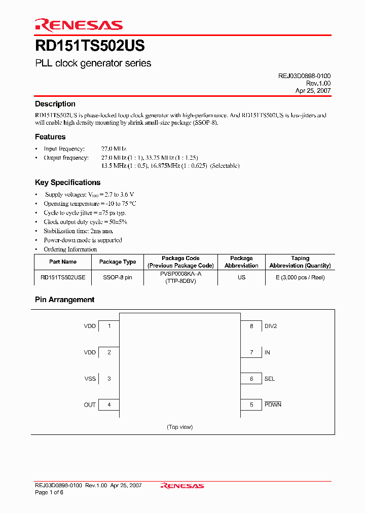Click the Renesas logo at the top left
(79, 25)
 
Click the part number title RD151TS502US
(90, 46)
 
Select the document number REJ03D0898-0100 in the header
(304, 76)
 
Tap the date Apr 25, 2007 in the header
(313, 90)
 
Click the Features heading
(50, 137)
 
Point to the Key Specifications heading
(67, 182)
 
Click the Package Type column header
(118, 262)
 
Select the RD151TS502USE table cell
(63, 277)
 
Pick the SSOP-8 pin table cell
(118, 277)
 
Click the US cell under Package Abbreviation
(241, 277)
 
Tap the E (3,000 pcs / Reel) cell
(300, 277)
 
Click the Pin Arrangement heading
(64, 300)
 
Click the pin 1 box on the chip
(108, 326)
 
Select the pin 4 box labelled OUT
(108, 405)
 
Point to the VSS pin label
(90, 379)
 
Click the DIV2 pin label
(271, 326)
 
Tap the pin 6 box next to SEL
(251, 379)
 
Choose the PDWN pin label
(273, 405)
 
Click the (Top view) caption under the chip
(179, 427)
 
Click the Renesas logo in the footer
(182, 486)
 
